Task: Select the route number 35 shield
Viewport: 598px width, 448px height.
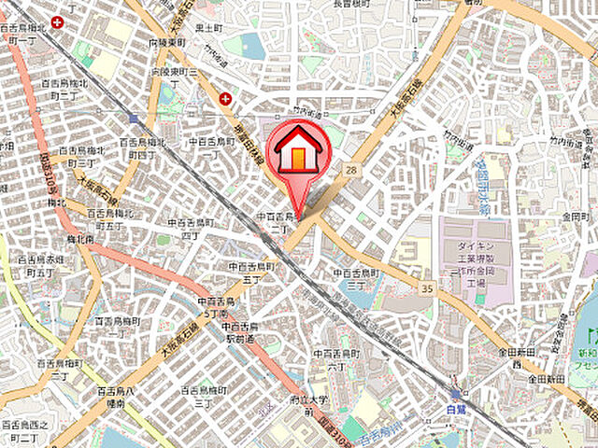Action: [x=427, y=290]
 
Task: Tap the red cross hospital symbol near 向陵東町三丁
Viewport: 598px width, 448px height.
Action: [x=225, y=98]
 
